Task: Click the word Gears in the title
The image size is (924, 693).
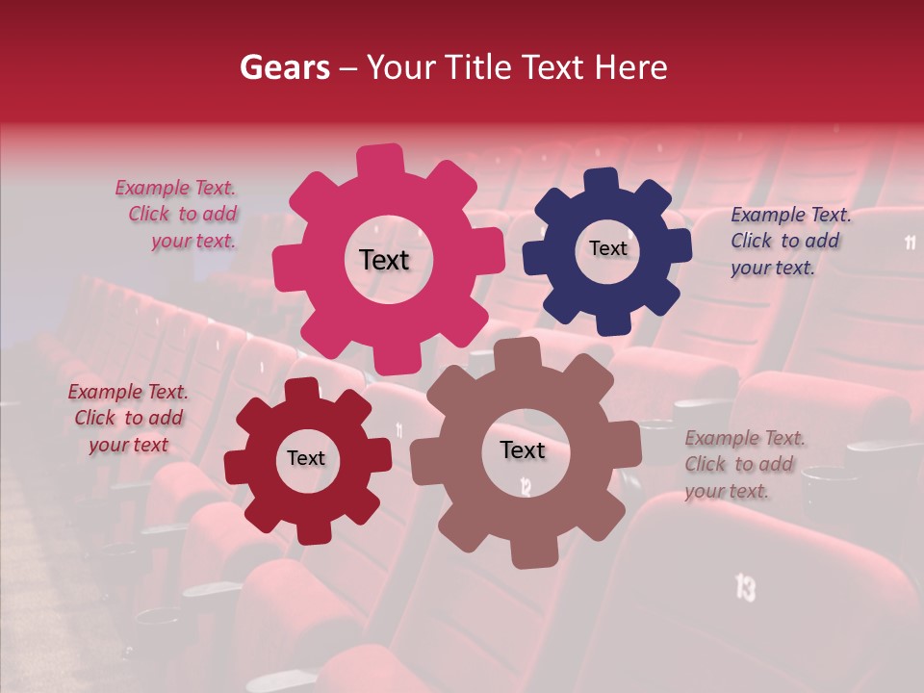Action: pyautogui.click(x=284, y=67)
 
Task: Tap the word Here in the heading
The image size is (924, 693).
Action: pyautogui.click(x=632, y=67)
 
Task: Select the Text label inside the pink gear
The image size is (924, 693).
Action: pyautogui.click(x=384, y=260)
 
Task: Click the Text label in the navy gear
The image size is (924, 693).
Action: pyautogui.click(x=607, y=248)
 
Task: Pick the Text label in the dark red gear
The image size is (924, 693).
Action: pyautogui.click(x=306, y=459)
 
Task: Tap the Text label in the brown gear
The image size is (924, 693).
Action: pyautogui.click(x=523, y=450)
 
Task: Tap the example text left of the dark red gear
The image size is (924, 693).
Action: pyautogui.click(x=128, y=418)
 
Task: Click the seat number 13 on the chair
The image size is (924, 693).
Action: pyautogui.click(x=745, y=586)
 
